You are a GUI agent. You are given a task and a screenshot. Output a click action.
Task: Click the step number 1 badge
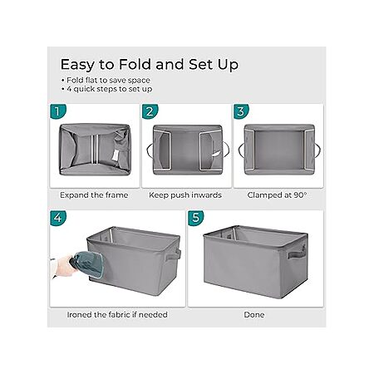pos(58,111)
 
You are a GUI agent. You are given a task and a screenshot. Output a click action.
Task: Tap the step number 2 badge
pos(150,111)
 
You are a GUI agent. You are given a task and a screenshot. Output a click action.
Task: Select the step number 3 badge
pos(241,111)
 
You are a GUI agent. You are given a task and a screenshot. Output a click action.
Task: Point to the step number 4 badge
pos(58,218)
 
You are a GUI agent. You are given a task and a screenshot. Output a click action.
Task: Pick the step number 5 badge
pos(196,218)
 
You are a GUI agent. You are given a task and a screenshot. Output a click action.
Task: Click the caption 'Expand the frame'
pos(94,195)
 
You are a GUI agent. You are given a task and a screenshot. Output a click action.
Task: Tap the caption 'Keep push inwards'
pos(185,195)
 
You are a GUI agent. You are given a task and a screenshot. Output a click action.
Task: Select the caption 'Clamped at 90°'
pos(277,195)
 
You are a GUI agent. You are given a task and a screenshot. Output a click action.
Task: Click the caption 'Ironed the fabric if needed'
pos(117,315)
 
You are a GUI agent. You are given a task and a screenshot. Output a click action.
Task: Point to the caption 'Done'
pos(254,315)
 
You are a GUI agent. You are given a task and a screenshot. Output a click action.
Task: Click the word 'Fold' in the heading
pos(135,64)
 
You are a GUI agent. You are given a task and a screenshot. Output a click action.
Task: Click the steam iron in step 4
pos(87,264)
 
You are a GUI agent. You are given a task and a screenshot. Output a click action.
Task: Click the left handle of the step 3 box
pos(241,150)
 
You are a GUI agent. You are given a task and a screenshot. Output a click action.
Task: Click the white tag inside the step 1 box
pos(116,155)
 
